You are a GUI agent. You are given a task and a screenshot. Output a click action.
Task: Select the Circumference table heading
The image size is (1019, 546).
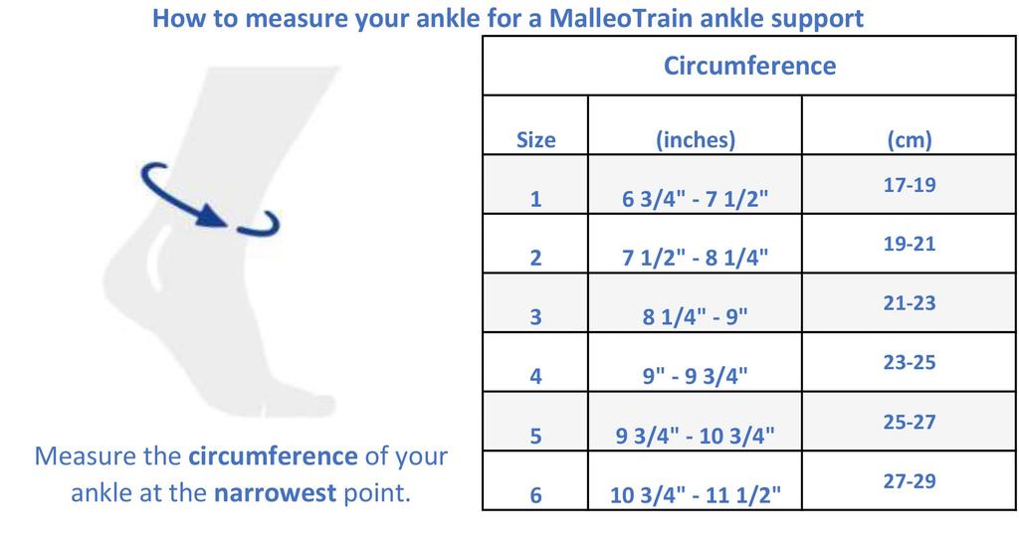(749, 67)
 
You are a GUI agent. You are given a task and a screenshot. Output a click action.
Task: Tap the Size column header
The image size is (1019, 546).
(535, 140)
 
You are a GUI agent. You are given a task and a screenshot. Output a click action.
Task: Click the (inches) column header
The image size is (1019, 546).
(695, 140)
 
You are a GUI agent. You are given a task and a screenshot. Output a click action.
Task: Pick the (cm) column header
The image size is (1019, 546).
(909, 140)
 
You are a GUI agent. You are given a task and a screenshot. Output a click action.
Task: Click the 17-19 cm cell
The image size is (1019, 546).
(909, 185)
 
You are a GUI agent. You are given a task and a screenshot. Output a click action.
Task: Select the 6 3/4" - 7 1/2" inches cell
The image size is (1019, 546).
(695, 200)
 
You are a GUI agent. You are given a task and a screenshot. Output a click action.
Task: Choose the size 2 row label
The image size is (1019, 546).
(535, 259)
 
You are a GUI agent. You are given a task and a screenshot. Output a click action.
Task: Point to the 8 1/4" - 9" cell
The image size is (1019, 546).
(695, 318)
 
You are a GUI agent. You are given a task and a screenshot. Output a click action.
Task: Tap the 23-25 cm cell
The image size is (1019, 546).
(909, 363)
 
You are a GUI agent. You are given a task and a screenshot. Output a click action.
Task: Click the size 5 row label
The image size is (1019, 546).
(535, 437)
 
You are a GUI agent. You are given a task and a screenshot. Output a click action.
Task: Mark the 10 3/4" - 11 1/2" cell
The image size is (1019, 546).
(695, 495)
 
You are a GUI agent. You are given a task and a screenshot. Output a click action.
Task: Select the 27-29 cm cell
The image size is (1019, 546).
(909, 481)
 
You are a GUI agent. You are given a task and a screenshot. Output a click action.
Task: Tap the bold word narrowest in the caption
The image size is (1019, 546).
(275, 493)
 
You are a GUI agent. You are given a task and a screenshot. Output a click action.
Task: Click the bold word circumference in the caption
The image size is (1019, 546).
(272, 456)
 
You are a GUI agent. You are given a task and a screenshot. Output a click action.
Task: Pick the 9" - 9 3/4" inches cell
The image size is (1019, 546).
(695, 377)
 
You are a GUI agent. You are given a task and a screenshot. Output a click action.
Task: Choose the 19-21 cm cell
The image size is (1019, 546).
(909, 244)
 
